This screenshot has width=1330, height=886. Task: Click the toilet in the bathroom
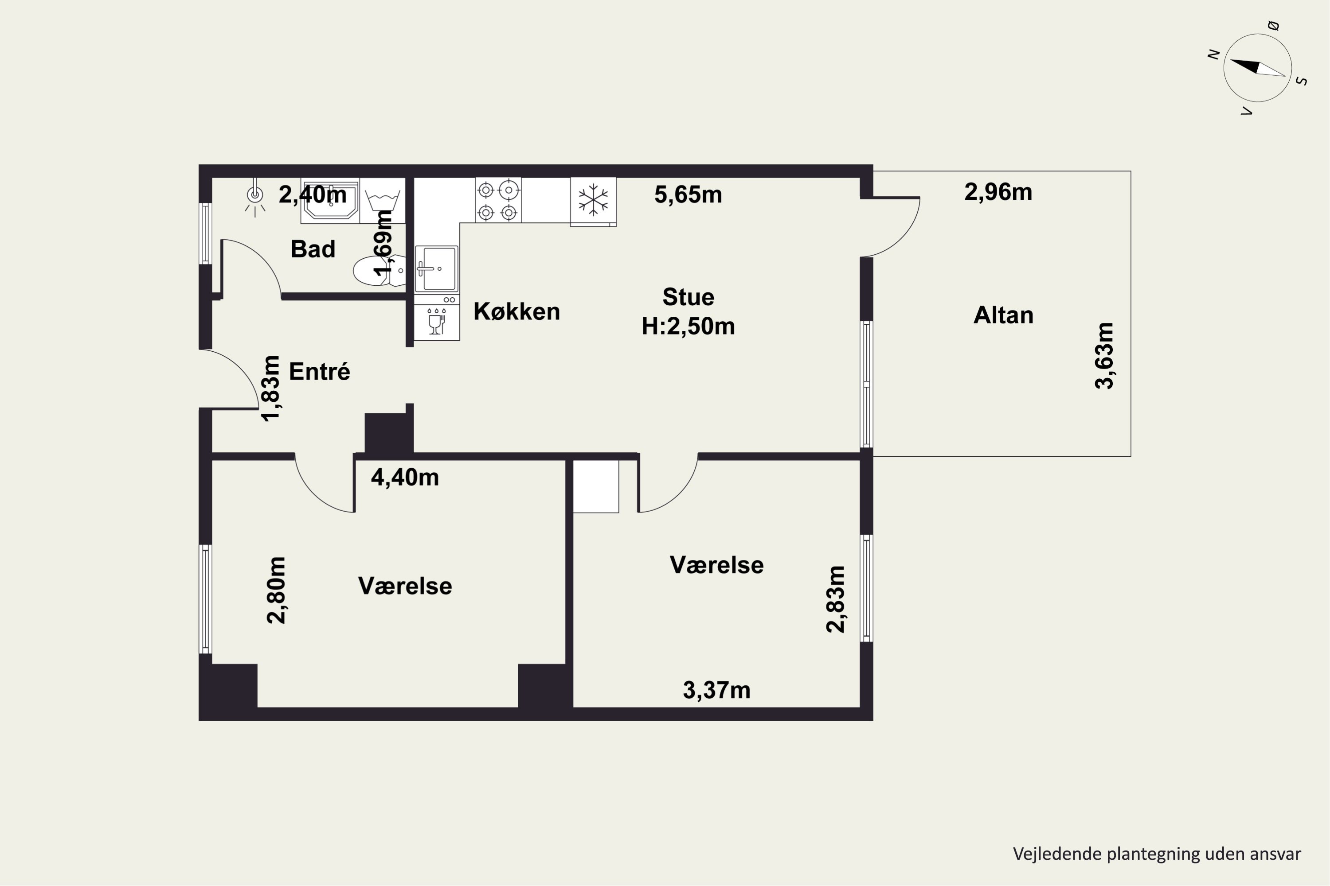click(x=379, y=271)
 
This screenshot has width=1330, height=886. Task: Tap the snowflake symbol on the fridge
click(x=593, y=199)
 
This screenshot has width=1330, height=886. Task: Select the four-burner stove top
click(x=497, y=200)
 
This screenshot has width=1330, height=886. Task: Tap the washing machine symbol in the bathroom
click(x=382, y=201)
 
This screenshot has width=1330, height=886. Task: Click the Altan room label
click(x=1003, y=315)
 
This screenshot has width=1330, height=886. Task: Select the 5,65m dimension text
click(x=688, y=194)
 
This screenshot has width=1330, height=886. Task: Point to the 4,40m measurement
click(x=405, y=478)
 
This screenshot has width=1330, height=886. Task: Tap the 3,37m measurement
click(x=716, y=690)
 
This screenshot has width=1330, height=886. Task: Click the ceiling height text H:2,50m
click(x=688, y=326)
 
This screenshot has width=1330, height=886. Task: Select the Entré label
click(x=320, y=371)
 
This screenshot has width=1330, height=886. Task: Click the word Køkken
click(x=516, y=311)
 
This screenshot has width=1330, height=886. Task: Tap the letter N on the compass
click(x=1213, y=54)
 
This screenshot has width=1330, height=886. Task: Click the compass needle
click(x=1258, y=67)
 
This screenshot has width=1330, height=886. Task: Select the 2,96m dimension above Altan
click(x=998, y=192)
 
